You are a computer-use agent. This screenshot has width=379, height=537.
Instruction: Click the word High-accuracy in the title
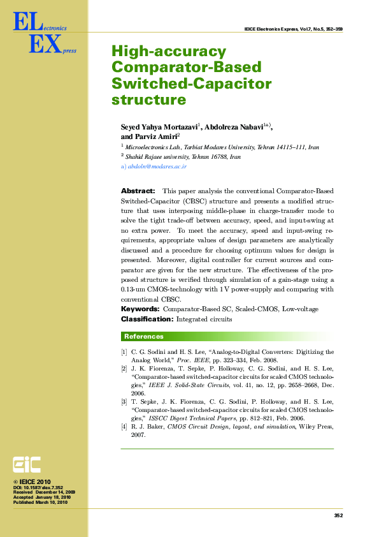click(x=169, y=52)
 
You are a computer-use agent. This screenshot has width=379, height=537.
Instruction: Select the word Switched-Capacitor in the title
click(x=191, y=84)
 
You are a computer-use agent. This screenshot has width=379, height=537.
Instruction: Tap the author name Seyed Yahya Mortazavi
click(x=160, y=127)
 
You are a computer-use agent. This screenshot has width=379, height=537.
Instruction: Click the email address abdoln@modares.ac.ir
click(x=157, y=166)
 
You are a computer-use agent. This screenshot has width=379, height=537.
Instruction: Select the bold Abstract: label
click(x=138, y=191)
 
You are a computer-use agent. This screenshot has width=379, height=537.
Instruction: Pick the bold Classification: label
click(x=147, y=318)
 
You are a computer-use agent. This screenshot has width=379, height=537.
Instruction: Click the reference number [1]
click(x=124, y=352)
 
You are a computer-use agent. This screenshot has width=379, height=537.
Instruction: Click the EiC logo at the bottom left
click(x=27, y=464)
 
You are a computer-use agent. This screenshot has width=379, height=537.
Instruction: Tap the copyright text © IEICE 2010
click(x=32, y=482)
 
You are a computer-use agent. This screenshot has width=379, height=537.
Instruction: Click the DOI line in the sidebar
click(x=38, y=487)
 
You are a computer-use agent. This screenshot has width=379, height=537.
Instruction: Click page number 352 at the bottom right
click(x=338, y=515)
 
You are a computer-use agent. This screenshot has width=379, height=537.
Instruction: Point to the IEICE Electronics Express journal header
click(x=294, y=29)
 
